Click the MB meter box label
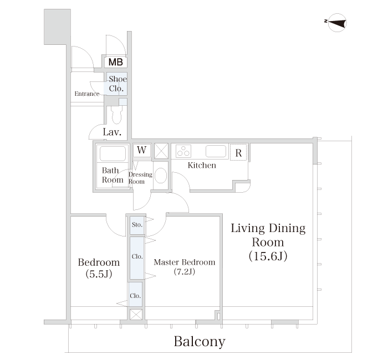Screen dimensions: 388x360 pyautogui.click(x=115, y=62)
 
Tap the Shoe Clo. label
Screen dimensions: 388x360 pyautogui.click(x=118, y=84)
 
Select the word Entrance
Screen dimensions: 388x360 pyautogui.click(x=87, y=94)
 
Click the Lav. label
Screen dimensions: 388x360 pyautogui.click(x=112, y=132)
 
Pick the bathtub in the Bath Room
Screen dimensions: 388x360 pyautogui.click(x=113, y=153)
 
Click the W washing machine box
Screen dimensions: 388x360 pyautogui.click(x=142, y=150)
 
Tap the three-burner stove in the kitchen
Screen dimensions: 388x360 pyautogui.click(x=183, y=151)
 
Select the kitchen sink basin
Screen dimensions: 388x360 pyautogui.click(x=216, y=151)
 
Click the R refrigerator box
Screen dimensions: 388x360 pyautogui.click(x=238, y=152)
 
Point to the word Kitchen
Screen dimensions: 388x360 pyautogui.click(x=202, y=165)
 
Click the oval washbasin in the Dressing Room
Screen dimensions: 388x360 pyautogui.click(x=161, y=176)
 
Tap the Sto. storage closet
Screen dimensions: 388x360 pyautogui.click(x=137, y=225)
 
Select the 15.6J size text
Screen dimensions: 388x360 pyautogui.click(x=268, y=256)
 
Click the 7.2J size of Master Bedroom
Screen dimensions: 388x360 pyautogui.click(x=185, y=272)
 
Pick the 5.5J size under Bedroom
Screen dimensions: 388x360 pyautogui.click(x=99, y=274)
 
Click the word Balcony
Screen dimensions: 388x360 pyautogui.click(x=200, y=342)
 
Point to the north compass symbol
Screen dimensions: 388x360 pyautogui.click(x=337, y=23)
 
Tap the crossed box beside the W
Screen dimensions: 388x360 pyautogui.click(x=161, y=151)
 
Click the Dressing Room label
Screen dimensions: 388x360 pyautogui.click(x=140, y=178)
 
